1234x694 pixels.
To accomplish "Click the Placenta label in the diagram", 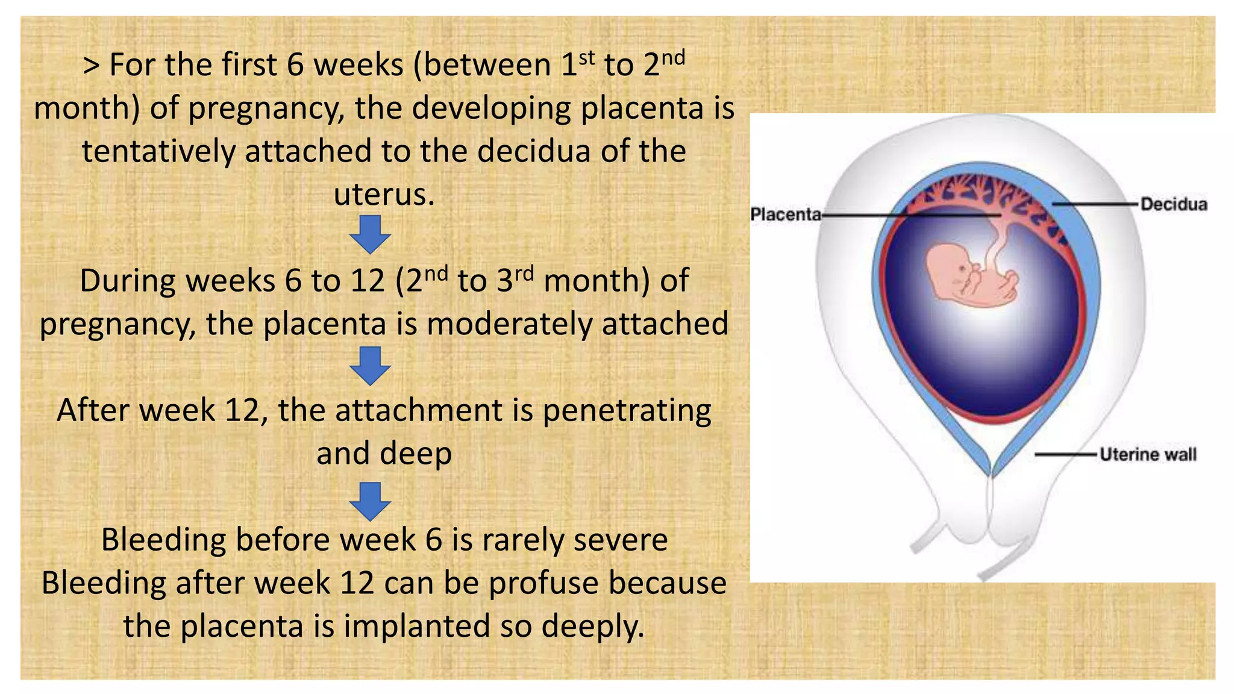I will (785, 214).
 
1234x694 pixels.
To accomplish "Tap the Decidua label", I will (1174, 204).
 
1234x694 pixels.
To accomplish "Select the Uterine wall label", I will (1148, 454).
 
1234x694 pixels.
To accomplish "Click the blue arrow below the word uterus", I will (370, 234).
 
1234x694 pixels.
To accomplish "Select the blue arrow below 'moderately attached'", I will (370, 366).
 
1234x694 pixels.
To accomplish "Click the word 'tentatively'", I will (158, 151).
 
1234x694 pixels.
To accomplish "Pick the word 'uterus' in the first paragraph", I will (384, 195).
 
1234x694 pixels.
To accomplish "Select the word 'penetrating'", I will (627, 411).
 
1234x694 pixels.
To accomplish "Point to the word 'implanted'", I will (419, 626).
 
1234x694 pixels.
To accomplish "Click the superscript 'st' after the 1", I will (586, 58).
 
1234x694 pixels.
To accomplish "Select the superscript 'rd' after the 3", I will (524, 274).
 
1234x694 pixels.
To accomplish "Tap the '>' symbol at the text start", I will (91, 65).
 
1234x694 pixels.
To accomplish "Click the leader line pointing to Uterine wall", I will (1065, 454).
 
